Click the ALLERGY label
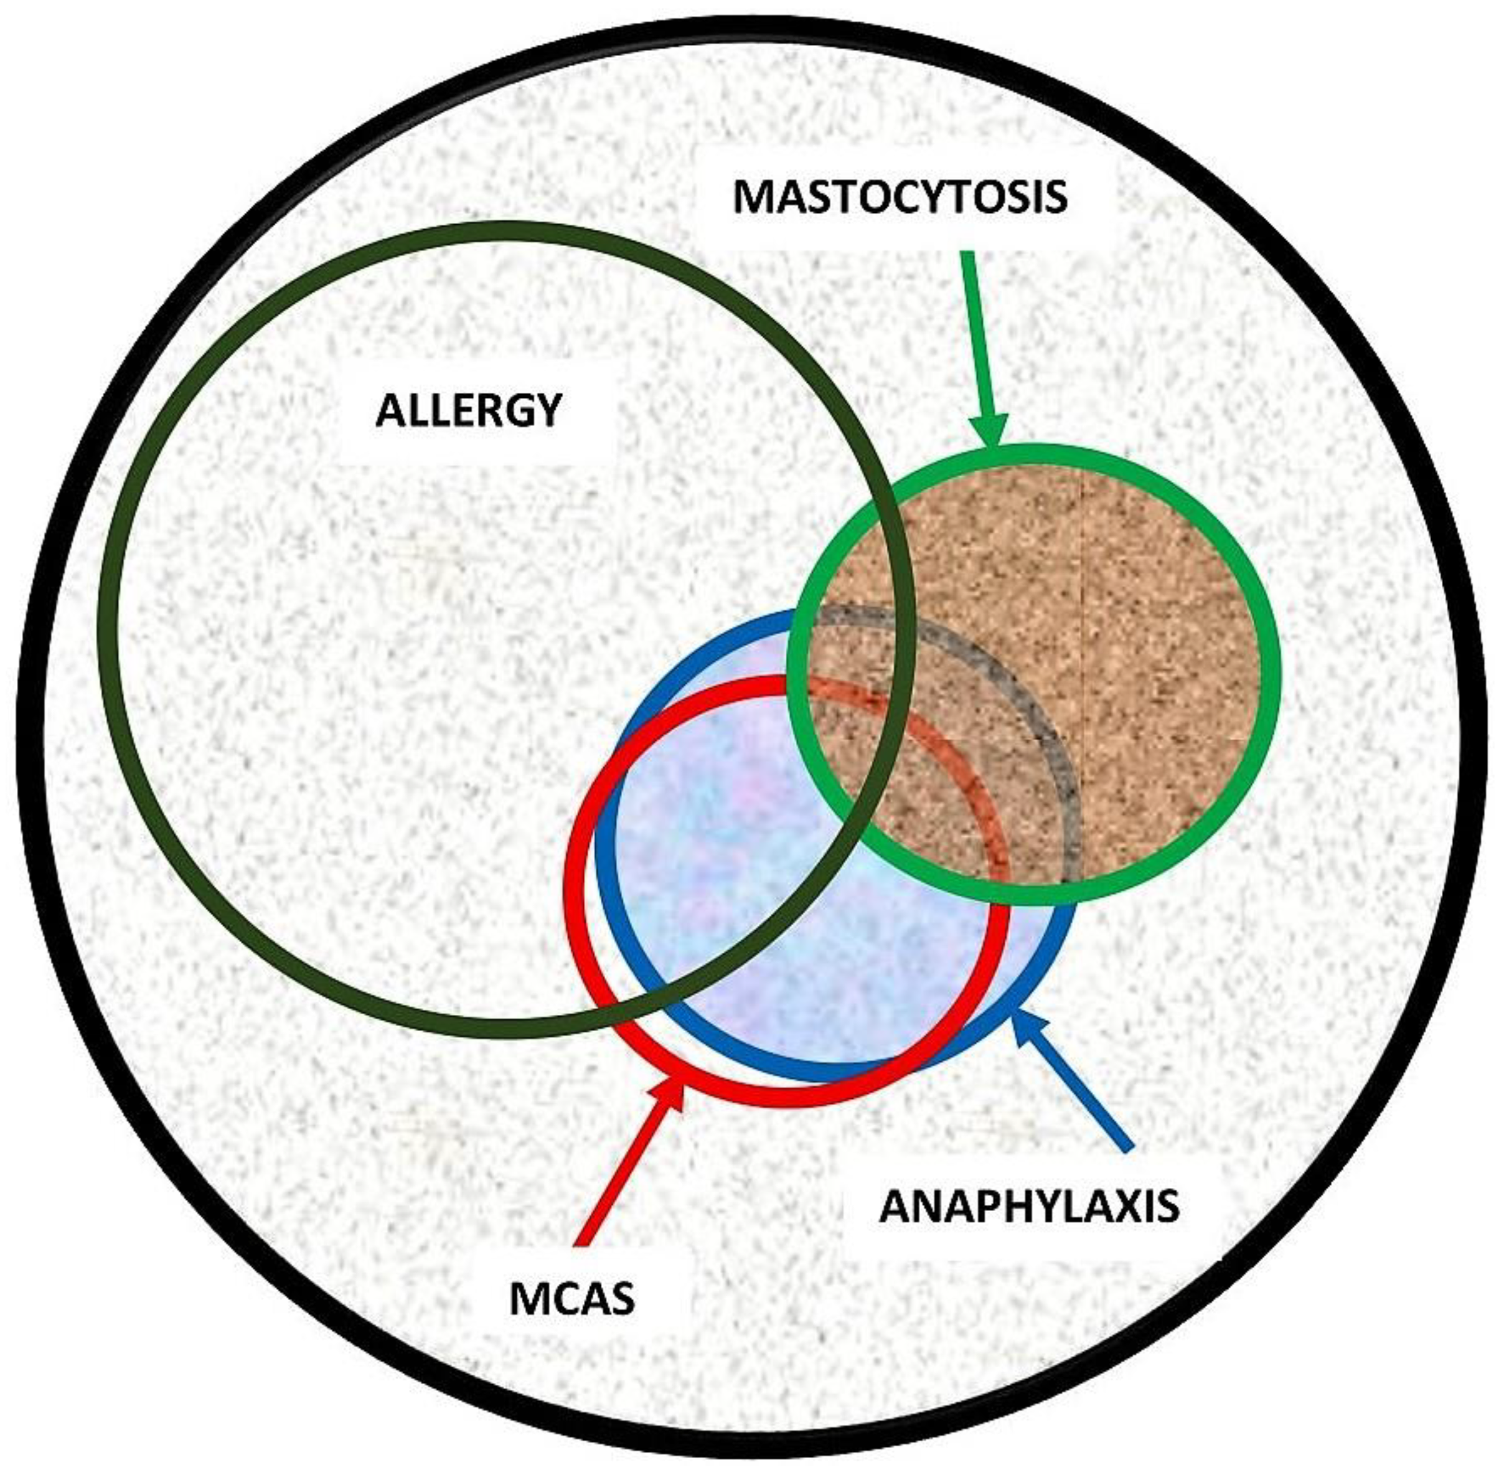468,410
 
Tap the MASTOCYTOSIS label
900,197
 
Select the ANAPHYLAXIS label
1029,1207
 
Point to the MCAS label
571,1299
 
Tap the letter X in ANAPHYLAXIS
1116,1207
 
